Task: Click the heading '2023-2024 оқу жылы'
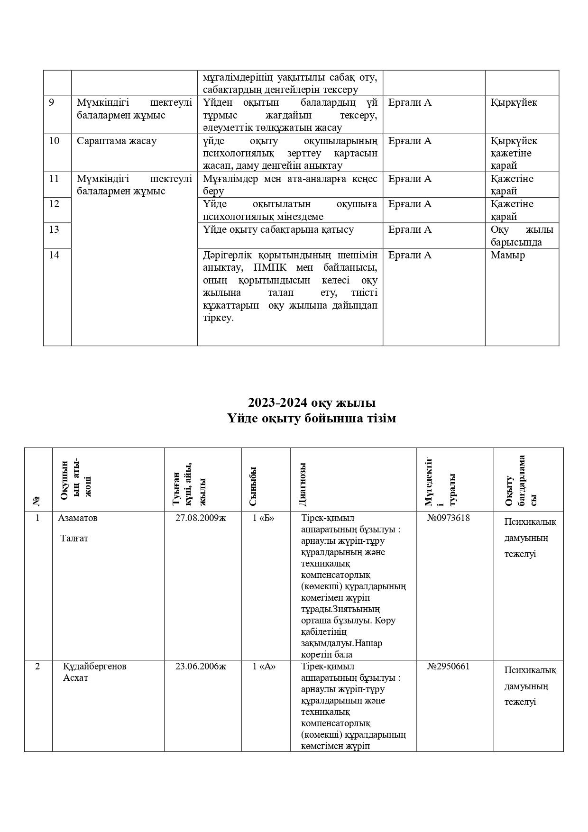click(x=312, y=402)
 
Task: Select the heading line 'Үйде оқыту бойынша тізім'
click(x=312, y=419)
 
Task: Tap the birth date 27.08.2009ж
click(x=201, y=518)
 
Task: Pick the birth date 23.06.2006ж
click(x=201, y=666)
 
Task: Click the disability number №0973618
click(x=448, y=518)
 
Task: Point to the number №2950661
click(x=448, y=666)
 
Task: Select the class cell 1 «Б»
click(x=264, y=518)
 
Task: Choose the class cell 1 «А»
click(x=264, y=666)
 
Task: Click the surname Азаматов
click(x=78, y=518)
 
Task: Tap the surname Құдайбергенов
click(x=95, y=666)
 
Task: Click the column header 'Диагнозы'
click(x=303, y=485)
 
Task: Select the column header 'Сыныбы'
click(x=253, y=486)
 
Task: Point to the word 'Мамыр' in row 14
click(x=507, y=255)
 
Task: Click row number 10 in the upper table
click(x=54, y=141)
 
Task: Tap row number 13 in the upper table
click(x=54, y=229)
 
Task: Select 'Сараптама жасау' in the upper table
click(x=117, y=141)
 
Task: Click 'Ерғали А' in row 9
click(x=410, y=102)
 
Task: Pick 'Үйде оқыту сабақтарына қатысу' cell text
click(x=278, y=229)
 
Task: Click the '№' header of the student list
click(x=37, y=501)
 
